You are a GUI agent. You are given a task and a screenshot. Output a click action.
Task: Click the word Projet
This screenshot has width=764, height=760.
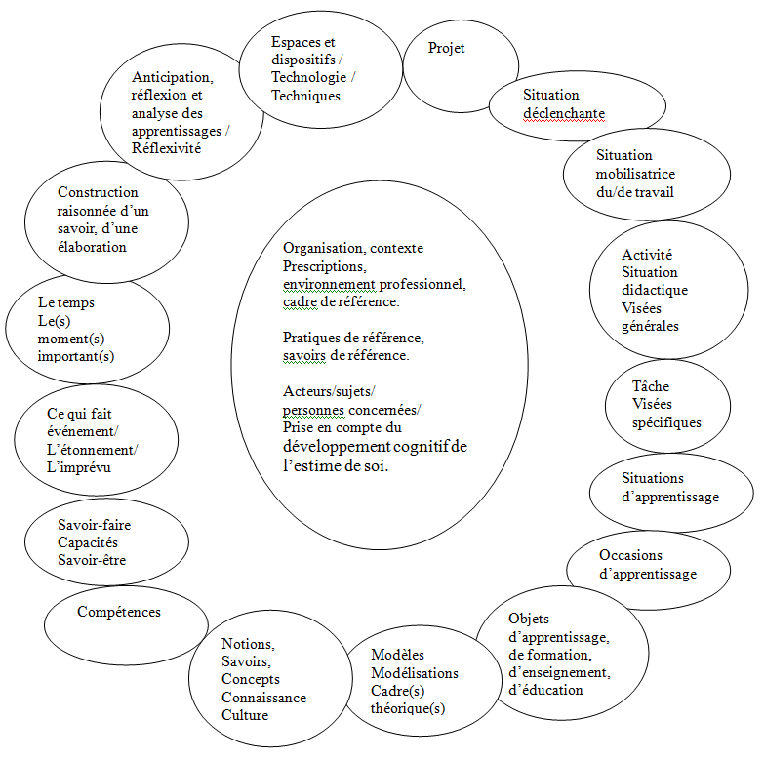click(x=447, y=49)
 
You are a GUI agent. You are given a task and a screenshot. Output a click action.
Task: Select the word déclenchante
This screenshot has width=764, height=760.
click(x=564, y=113)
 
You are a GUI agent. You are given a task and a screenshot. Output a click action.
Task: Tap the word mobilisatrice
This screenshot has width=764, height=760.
click(x=635, y=174)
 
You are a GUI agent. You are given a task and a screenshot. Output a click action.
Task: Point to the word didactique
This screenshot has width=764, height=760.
click(x=655, y=290)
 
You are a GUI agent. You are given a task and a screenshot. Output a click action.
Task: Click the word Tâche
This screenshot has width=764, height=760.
click(x=651, y=386)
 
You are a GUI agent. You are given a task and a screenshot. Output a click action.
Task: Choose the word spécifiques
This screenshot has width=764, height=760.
click(x=666, y=422)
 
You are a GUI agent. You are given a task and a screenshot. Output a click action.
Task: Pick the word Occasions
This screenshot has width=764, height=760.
click(x=630, y=555)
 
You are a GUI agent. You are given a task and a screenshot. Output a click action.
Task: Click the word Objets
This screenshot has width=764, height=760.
click(x=529, y=619)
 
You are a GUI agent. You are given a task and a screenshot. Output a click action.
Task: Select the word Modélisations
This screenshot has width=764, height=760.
click(x=415, y=673)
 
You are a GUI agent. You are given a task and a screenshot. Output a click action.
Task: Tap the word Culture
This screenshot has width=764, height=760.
click(x=245, y=715)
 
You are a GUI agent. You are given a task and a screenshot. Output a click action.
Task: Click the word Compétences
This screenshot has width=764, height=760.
click(x=119, y=612)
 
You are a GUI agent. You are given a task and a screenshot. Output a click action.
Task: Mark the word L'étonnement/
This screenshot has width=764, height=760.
click(x=93, y=449)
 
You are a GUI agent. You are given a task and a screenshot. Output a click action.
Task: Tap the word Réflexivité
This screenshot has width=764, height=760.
click(x=166, y=148)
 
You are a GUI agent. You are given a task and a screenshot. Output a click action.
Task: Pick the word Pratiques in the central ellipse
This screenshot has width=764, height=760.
click(x=311, y=338)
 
